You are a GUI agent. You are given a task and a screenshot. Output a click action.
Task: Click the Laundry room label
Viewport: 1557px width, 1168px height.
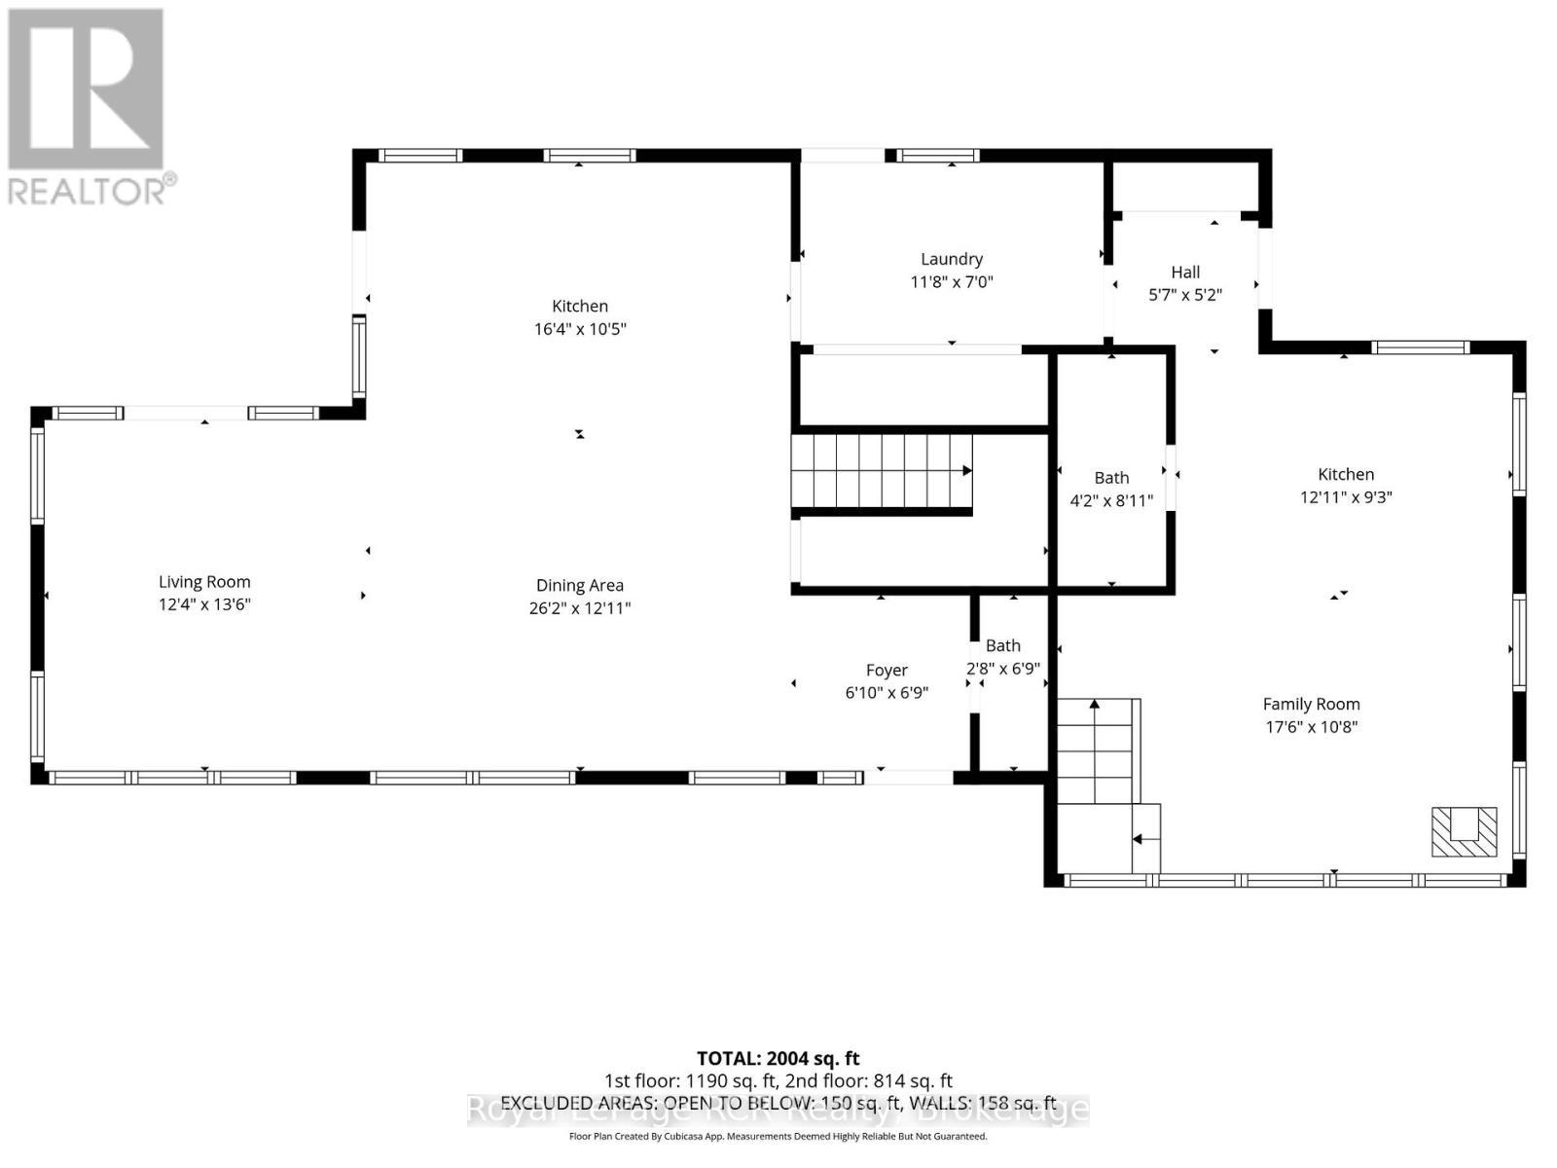click(x=951, y=259)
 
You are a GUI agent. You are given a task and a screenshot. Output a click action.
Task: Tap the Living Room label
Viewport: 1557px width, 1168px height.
click(x=204, y=581)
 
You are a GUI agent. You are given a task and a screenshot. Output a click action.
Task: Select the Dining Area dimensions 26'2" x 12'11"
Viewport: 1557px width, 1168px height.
click(x=579, y=608)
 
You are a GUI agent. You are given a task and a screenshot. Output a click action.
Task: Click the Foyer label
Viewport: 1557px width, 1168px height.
click(x=887, y=670)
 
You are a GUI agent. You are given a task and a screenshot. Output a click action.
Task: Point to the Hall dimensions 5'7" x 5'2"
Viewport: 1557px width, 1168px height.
click(x=1185, y=295)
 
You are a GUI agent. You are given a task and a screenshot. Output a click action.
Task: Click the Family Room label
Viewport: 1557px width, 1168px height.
click(x=1311, y=704)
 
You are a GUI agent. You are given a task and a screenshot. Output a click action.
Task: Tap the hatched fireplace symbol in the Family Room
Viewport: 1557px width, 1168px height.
click(x=1464, y=831)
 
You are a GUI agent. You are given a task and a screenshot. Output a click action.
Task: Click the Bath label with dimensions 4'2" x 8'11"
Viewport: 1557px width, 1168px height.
click(x=1111, y=478)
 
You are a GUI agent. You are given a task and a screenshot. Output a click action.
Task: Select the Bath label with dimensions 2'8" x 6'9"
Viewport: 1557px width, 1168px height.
click(x=1003, y=645)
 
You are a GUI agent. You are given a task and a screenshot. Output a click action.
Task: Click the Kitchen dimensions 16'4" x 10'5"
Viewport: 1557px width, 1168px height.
click(x=579, y=329)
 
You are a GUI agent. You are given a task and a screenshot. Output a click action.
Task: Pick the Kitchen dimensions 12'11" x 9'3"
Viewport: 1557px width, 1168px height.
click(x=1346, y=497)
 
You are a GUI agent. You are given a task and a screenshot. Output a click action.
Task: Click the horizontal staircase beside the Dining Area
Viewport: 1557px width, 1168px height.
click(x=881, y=471)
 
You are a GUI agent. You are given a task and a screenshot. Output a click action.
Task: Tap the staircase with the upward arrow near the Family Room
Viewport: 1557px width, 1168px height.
click(x=1097, y=749)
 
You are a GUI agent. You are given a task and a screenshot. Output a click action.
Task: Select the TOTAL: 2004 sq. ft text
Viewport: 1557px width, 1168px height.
click(x=778, y=1058)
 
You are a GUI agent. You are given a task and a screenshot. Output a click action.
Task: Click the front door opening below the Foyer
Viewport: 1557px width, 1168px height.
click(x=909, y=777)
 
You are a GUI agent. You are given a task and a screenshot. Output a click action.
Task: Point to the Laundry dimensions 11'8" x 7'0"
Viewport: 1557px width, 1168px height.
click(x=951, y=282)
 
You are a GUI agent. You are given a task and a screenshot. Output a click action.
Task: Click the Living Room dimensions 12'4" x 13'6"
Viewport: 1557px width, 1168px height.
click(x=204, y=604)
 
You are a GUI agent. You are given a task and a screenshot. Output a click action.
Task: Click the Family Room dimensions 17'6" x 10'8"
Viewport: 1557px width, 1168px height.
click(x=1311, y=727)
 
